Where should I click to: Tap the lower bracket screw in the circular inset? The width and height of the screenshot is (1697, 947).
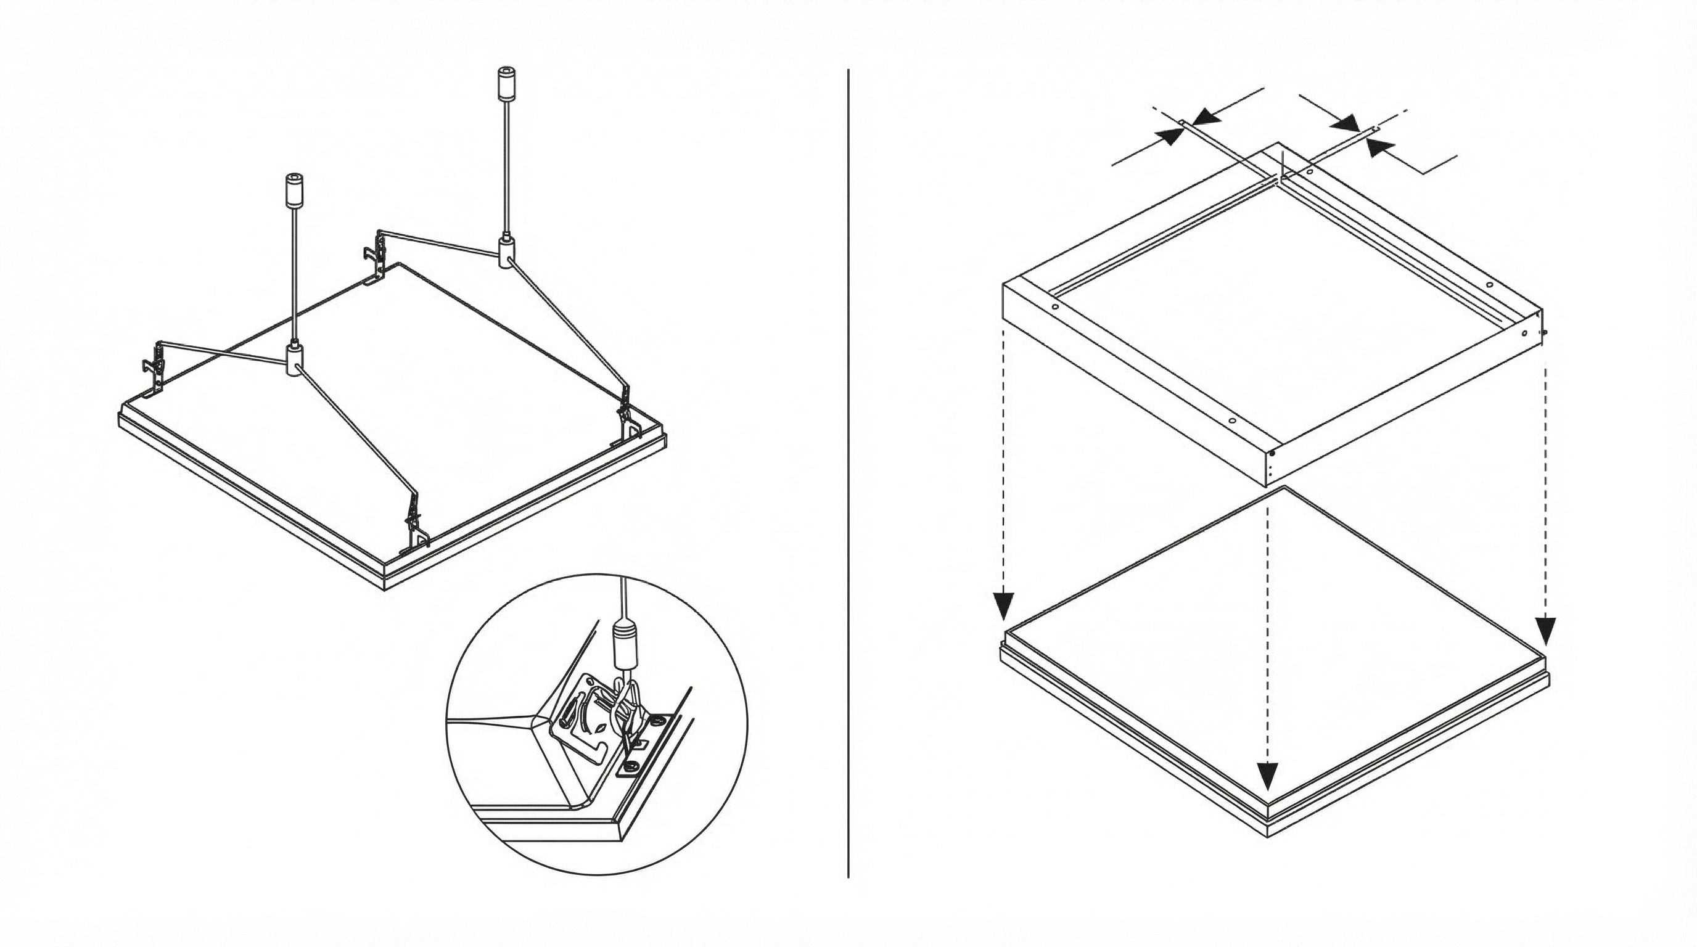pos(631,765)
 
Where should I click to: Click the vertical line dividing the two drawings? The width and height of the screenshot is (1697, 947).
pos(848,461)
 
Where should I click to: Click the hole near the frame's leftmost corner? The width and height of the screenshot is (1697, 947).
pos(1054,307)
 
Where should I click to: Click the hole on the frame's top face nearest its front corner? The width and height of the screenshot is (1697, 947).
pos(1231,420)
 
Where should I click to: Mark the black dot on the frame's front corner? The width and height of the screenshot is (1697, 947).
pos(1273,453)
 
